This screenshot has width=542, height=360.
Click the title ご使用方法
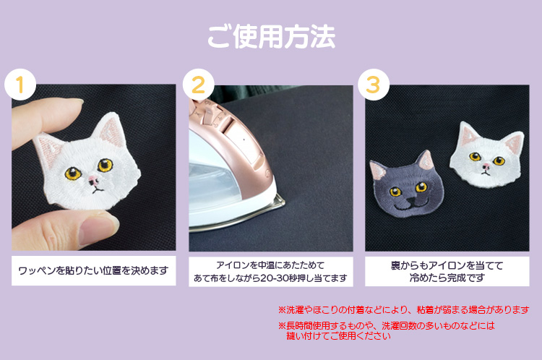coord(271,37)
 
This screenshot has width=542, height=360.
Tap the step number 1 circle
coord(20,85)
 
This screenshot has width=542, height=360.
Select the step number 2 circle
coord(199,85)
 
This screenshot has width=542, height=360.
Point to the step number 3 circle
coord(374,85)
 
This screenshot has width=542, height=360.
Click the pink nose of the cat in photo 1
coord(93,179)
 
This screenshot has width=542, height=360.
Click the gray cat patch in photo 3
coord(406,184)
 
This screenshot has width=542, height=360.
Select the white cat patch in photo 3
coord(486,155)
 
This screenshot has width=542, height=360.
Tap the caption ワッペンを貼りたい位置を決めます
coord(93,270)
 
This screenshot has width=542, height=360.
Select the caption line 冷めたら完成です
coord(447,278)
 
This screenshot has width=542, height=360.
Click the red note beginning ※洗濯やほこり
coord(403,310)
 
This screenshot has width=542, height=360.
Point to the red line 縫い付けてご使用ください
coord(338,336)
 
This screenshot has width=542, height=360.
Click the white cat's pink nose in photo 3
coord(486,167)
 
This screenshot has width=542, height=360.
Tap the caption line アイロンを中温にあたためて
coord(270,265)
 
